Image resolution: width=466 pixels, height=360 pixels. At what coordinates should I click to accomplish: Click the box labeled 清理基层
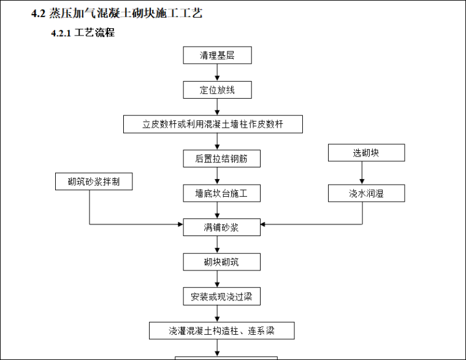coord(217,55)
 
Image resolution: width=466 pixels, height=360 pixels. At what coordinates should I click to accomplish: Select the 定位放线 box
coord(217,90)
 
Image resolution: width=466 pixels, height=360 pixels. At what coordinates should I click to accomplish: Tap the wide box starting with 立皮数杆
coord(213,124)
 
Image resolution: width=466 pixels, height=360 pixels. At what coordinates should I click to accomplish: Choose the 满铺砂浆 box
coord(221,228)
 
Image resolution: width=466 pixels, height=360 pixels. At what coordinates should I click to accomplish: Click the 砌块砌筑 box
coord(221,262)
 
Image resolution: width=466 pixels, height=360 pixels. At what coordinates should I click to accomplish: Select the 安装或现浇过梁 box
coord(221,296)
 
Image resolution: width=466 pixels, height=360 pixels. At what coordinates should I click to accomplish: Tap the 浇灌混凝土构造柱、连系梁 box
coord(221,331)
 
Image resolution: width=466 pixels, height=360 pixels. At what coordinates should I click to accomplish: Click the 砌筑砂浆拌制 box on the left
coord(92,181)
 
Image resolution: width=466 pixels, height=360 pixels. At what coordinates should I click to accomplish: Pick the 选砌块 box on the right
coord(366,153)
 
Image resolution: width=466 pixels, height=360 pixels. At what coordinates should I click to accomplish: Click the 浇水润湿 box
coord(366,193)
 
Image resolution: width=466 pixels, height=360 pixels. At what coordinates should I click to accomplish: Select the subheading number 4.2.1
coord(61,33)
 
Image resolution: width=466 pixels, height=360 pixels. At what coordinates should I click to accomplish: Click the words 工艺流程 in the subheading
coord(94,33)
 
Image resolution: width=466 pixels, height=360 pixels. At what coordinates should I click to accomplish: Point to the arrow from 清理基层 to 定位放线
coord(217,73)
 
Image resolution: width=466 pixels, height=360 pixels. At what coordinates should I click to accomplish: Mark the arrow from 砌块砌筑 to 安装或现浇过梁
coord(217,279)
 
